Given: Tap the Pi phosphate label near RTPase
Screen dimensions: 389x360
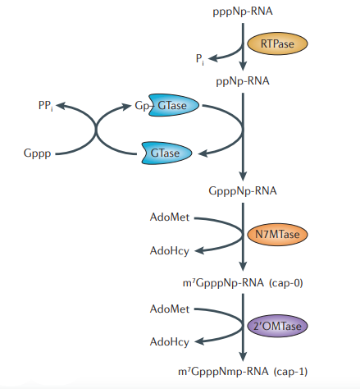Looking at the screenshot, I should click(x=200, y=57).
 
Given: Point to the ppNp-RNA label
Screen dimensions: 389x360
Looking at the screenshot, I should click(x=243, y=82).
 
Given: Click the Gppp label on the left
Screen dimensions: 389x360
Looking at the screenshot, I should click(x=39, y=153).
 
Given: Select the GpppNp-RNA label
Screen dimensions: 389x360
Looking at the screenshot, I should click(x=243, y=190).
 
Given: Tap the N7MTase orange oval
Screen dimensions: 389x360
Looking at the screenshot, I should click(x=276, y=234).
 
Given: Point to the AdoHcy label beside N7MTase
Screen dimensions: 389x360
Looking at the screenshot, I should click(x=170, y=250).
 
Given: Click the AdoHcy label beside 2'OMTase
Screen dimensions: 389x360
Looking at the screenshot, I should click(x=170, y=341).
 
